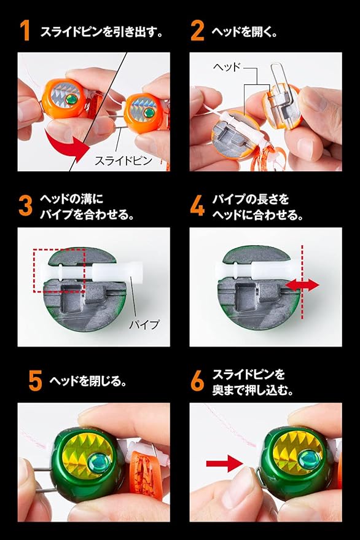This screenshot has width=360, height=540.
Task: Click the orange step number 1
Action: coord(25,31)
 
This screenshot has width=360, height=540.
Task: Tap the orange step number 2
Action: coord(197,31)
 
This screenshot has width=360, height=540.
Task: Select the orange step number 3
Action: coord(25,206)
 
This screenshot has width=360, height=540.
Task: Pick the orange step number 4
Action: coord(197,206)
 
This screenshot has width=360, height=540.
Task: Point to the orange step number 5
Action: coord(36,381)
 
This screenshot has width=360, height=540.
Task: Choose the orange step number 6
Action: coord(197,381)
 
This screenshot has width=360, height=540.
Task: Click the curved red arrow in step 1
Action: coord(66,144)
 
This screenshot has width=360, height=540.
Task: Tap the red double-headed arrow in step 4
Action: coord(302,285)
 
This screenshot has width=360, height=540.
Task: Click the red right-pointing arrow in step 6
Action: coord(224,464)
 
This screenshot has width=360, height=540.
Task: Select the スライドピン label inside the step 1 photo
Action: coord(123,160)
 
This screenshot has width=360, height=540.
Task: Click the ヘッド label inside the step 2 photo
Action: coord(226,66)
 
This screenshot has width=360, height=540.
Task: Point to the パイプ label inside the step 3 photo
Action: coord(144,324)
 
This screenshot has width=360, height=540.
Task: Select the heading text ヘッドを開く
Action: coord(244,32)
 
